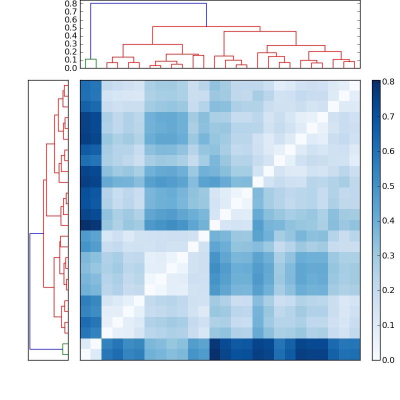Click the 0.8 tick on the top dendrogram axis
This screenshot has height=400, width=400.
(71, 3)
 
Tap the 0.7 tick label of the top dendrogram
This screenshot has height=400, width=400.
(71, 11)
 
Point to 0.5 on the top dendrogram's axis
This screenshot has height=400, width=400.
(71, 27)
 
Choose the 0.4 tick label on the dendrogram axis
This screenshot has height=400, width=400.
(71, 35)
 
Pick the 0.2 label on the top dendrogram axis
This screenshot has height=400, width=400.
(71, 52)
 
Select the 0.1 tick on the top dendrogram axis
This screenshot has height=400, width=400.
(71, 60)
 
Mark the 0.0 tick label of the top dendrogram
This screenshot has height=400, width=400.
(71, 68)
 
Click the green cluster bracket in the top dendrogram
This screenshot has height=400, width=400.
(90, 59)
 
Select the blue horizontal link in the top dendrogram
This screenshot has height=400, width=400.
(148, 3)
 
